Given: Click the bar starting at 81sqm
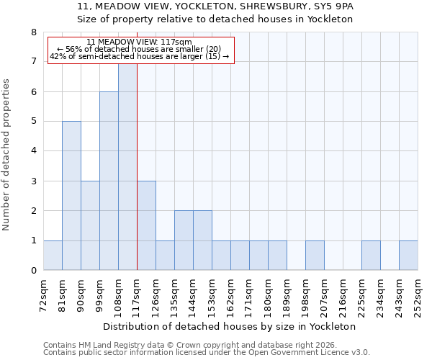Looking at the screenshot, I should (x=71, y=196).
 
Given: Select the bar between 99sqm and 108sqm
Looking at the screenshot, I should (x=109, y=181).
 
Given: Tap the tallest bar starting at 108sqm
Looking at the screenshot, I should (x=127, y=167).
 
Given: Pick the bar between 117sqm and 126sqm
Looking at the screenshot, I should (x=146, y=225).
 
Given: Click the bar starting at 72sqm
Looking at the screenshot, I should (x=53, y=256).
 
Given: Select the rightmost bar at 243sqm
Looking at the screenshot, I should (x=408, y=256).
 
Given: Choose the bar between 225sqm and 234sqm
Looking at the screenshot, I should (x=371, y=256).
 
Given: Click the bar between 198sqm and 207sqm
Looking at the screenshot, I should (x=315, y=256).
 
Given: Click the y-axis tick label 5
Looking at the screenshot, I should (x=33, y=122).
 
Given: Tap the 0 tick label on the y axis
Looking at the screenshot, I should (x=33, y=271).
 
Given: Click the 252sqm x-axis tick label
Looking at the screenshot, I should (x=418, y=295).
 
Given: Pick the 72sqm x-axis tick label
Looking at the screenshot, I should (x=43, y=295).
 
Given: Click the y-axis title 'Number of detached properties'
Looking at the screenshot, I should (x=7, y=155).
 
